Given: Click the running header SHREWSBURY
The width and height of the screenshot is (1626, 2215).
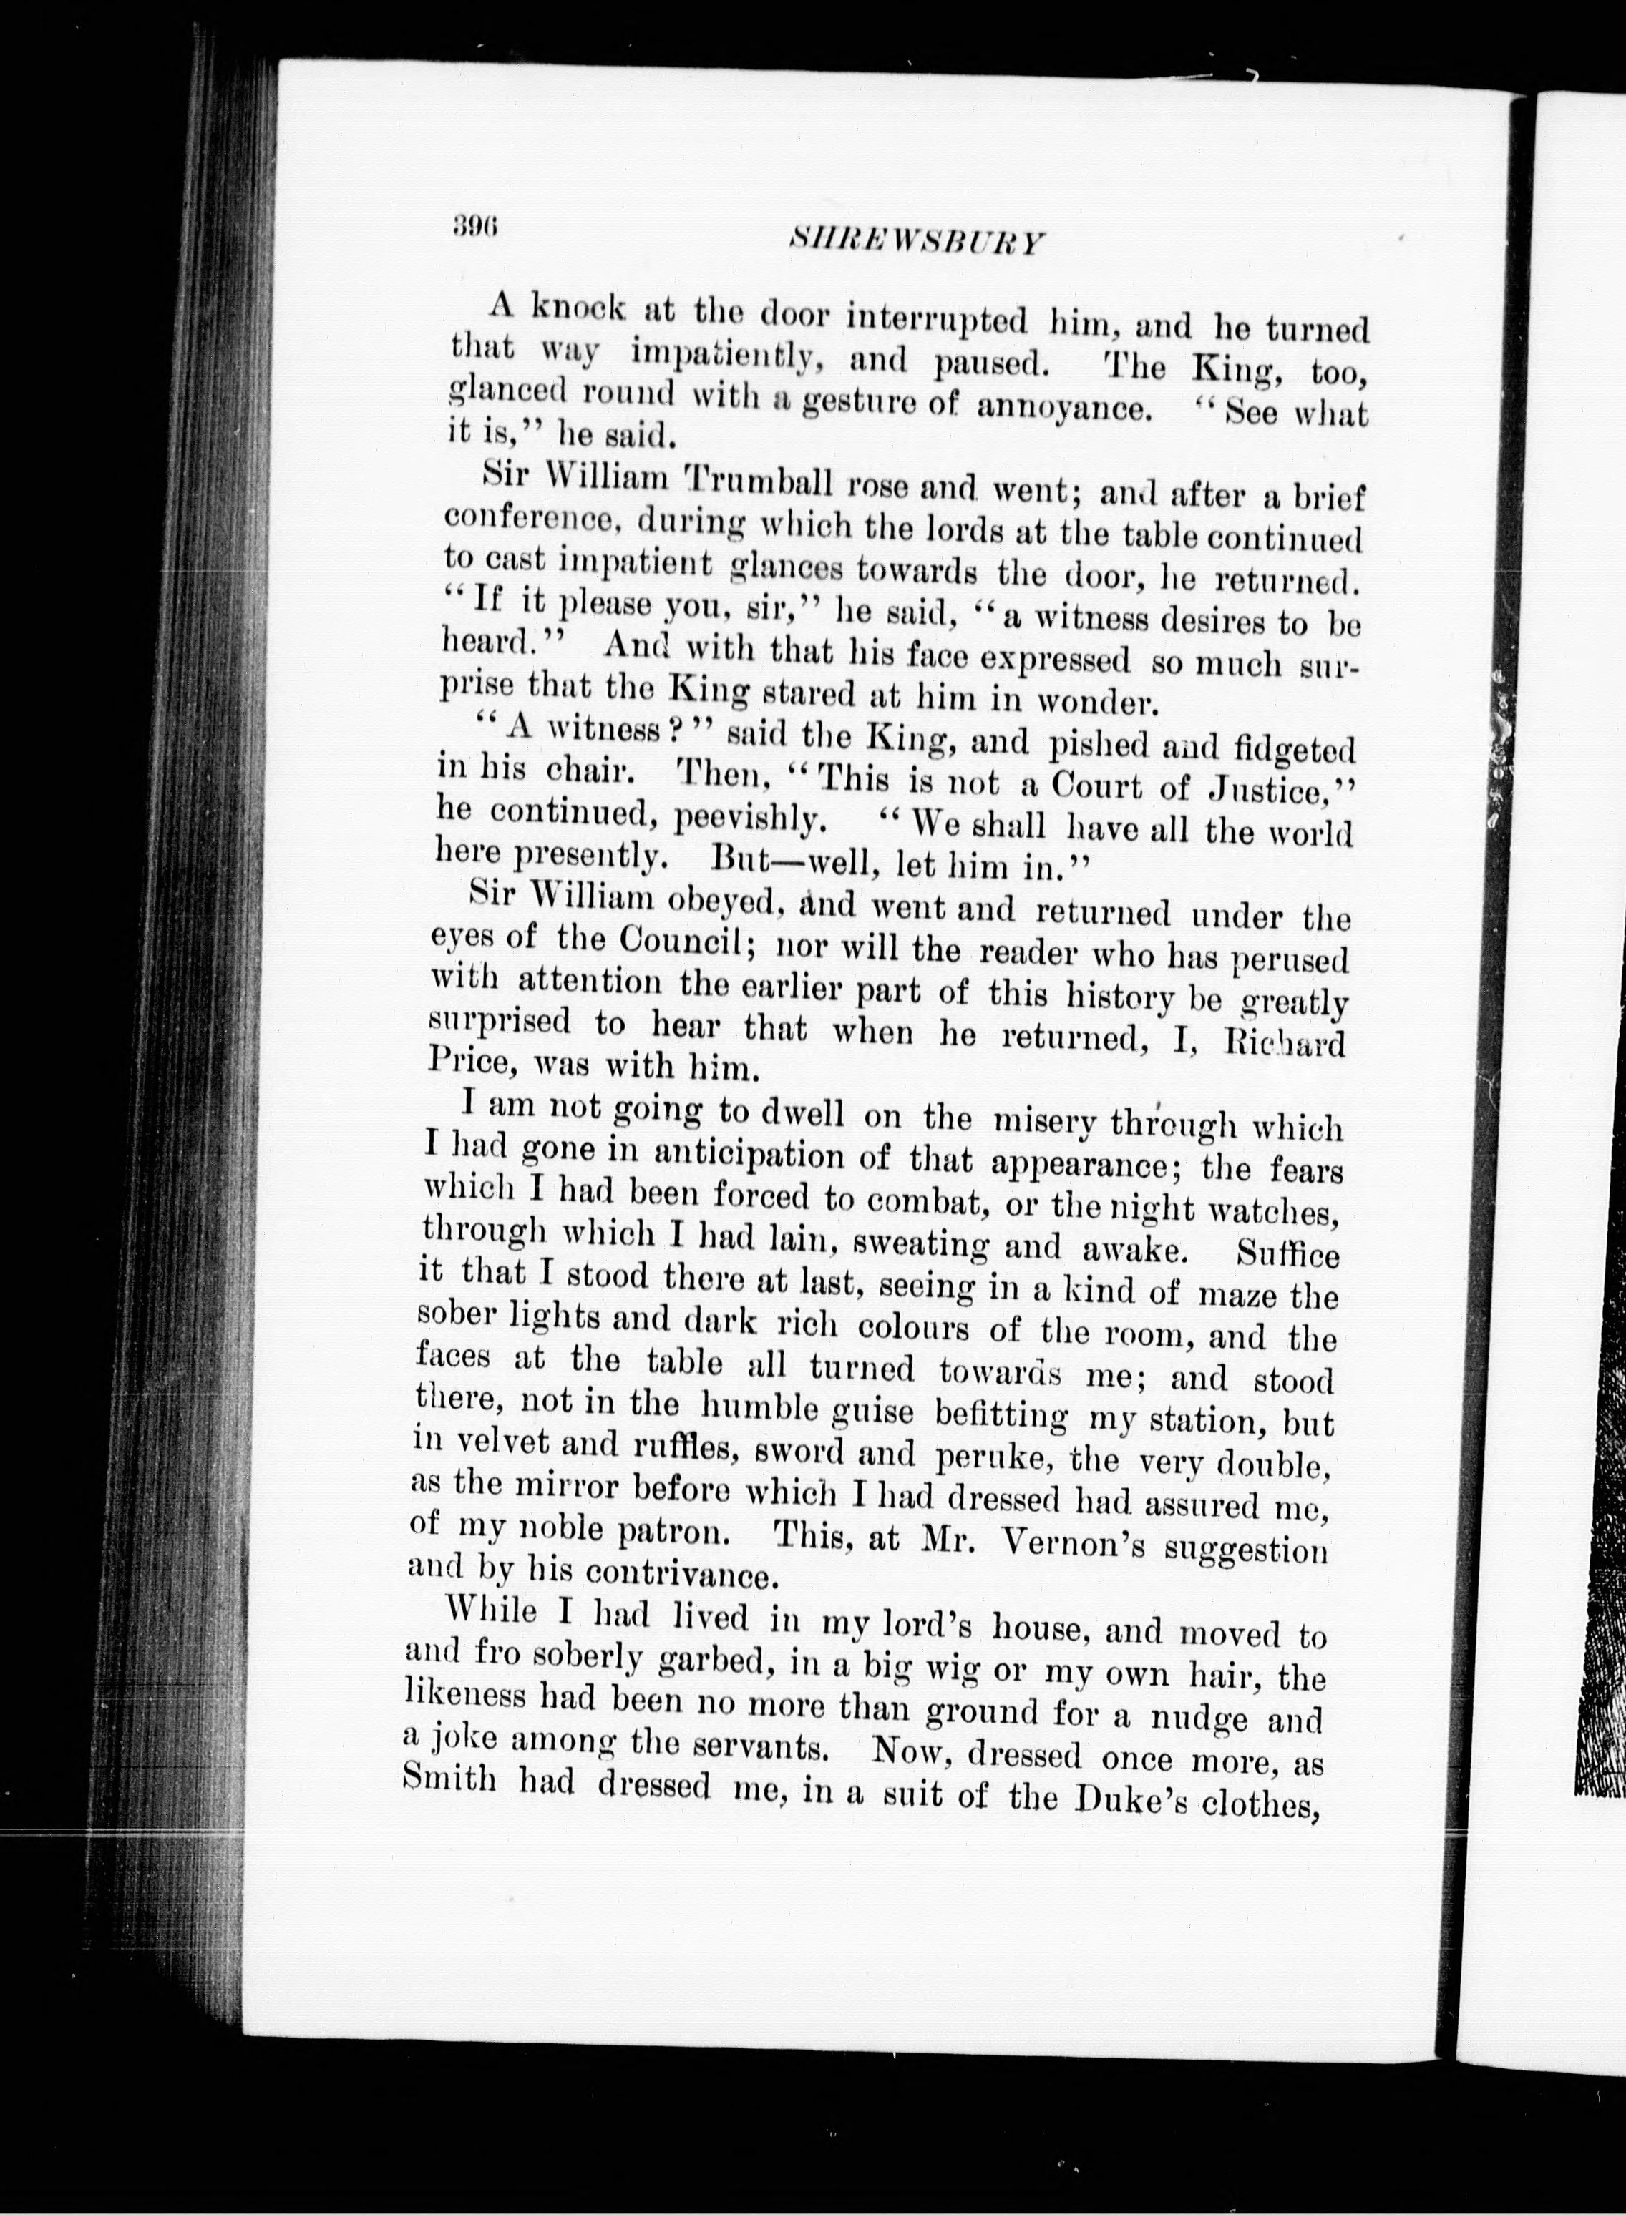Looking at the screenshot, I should click(916, 243).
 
